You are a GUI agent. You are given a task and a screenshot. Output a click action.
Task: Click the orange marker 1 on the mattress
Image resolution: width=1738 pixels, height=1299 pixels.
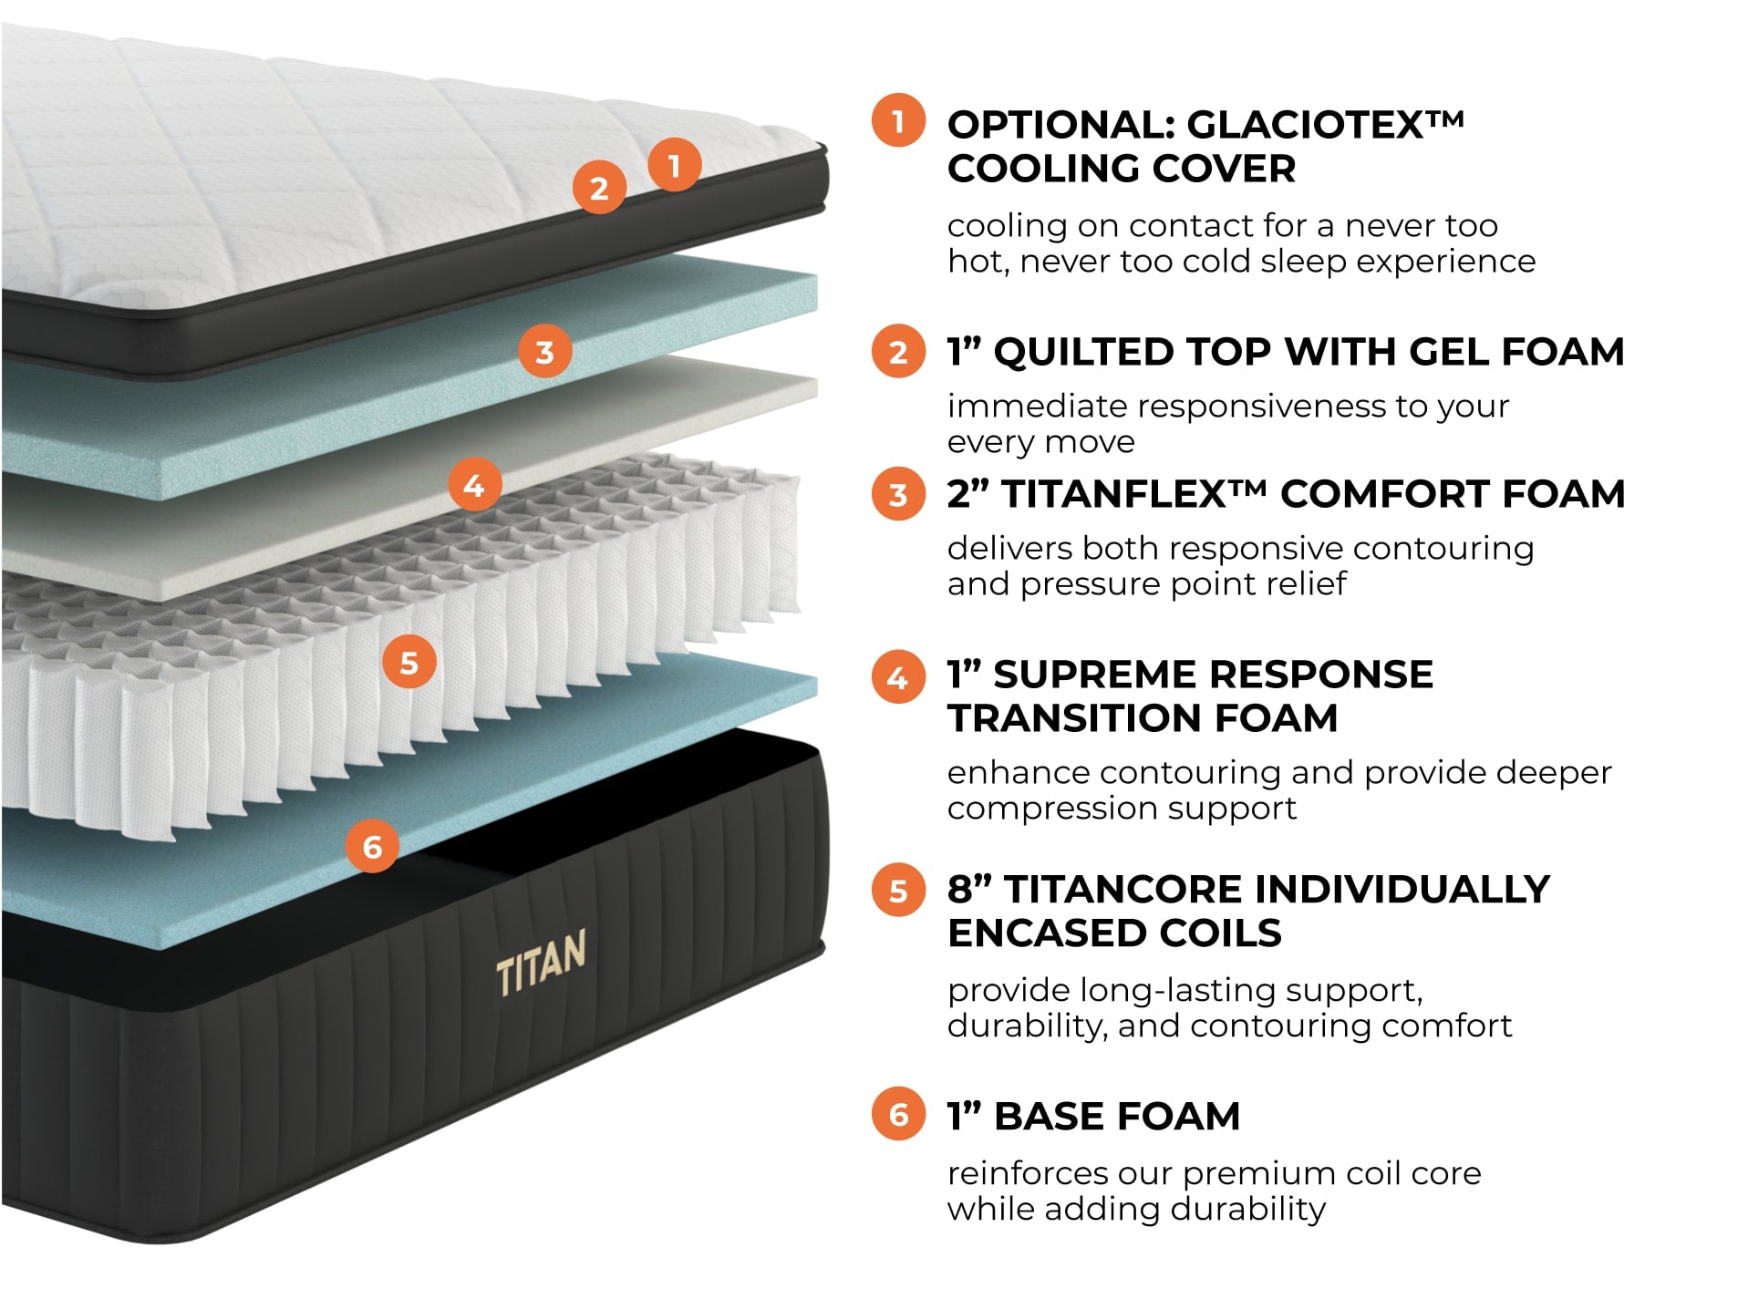pos(674,165)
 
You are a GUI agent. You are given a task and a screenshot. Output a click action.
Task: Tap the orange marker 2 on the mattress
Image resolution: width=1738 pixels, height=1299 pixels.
pos(598,188)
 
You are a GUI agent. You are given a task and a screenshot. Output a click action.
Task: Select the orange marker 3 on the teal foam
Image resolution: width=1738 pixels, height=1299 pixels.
pos(544,351)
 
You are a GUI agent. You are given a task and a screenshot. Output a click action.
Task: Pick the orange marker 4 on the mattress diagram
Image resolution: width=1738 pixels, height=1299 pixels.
pos(474,485)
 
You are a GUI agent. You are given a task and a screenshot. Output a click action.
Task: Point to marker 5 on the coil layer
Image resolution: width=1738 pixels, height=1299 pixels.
pos(409,663)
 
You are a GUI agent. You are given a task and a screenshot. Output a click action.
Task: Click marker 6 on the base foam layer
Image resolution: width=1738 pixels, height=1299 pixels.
pos(372,846)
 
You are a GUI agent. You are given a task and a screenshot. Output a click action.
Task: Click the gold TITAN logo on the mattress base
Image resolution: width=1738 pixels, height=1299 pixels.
pos(541,962)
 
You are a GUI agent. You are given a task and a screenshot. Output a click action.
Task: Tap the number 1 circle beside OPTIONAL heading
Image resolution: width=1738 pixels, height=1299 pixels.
pos(898,120)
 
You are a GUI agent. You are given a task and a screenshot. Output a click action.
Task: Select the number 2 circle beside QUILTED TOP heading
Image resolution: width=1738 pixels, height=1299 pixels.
pos(898,352)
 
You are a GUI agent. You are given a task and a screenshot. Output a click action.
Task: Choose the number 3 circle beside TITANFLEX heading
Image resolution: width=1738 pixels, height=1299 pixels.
pos(898,494)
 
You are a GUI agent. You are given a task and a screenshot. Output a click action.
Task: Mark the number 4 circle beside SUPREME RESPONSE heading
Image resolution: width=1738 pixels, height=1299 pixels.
pos(898,676)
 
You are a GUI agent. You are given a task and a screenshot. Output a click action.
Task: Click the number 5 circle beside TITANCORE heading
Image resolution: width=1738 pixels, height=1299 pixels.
pos(898,890)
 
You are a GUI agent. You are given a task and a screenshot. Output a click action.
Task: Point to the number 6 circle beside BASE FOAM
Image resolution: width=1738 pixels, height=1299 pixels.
pos(898,1114)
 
